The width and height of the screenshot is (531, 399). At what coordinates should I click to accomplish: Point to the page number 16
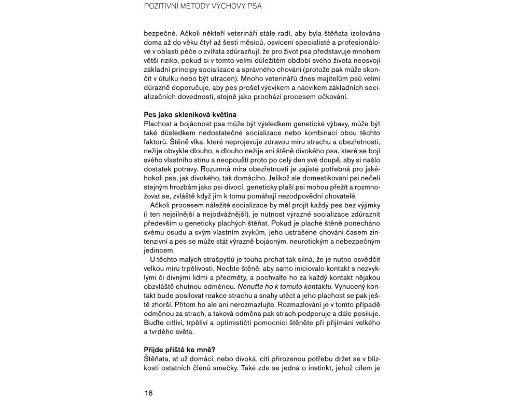point(149,393)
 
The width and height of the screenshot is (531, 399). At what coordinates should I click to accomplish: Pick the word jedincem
point(158,250)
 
